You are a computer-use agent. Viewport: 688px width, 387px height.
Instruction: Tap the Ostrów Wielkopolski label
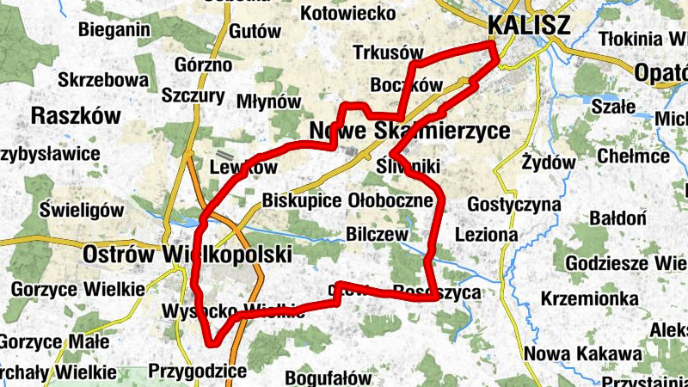tap(187, 255)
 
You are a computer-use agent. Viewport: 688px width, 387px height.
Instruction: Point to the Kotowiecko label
tap(349, 14)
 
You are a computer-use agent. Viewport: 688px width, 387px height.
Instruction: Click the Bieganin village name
tap(114, 31)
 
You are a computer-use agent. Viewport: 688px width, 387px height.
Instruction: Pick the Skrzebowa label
tap(103, 80)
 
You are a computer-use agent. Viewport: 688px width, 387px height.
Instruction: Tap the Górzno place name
tap(203, 64)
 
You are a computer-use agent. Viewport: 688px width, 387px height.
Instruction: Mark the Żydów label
tap(549, 162)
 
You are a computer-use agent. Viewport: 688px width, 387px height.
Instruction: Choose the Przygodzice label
tap(198, 372)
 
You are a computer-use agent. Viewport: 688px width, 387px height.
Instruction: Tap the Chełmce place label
tap(633, 157)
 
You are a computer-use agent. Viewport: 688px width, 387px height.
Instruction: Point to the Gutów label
tap(256, 31)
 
